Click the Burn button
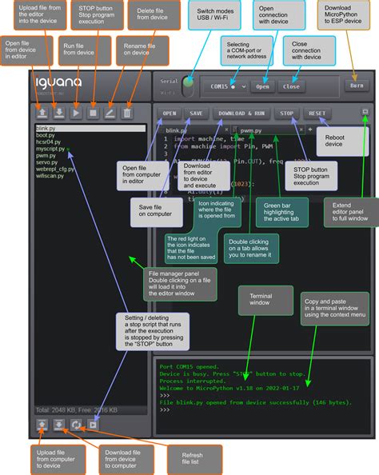click(357, 85)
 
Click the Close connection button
click(292, 86)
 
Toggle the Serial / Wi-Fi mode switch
click(189, 82)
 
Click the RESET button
click(317, 114)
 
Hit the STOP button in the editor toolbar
click(287, 114)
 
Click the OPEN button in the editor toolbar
click(170, 114)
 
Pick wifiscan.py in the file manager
click(52, 175)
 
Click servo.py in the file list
click(48, 162)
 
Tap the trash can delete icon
click(126, 113)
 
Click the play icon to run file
click(76, 113)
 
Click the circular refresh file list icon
click(76, 425)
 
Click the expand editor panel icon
click(365, 113)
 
